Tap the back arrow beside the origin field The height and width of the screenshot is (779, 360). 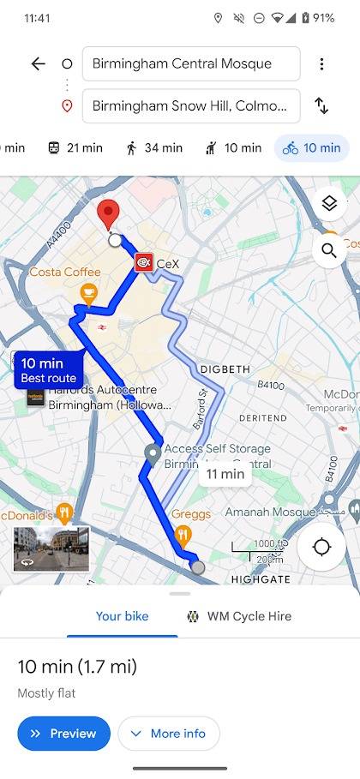[x=38, y=63]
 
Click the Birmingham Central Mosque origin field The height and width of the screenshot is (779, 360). [x=191, y=63]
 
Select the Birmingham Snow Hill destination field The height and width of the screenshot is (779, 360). [x=191, y=106]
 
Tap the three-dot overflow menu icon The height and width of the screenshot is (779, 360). [x=321, y=64]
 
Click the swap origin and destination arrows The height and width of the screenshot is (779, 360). [x=321, y=106]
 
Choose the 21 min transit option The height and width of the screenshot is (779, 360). [x=74, y=147]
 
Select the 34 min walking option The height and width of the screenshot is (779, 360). [x=154, y=147]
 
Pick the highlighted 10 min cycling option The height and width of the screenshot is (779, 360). [x=312, y=147]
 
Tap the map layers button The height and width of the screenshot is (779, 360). [x=329, y=203]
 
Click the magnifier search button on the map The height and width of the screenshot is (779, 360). [x=329, y=250]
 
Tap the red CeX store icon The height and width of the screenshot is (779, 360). [x=144, y=264]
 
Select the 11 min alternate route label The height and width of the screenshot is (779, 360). [x=225, y=473]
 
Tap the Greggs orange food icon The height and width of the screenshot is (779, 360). [x=183, y=536]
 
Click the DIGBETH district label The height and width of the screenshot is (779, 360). [x=225, y=369]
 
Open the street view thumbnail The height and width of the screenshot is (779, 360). [x=51, y=548]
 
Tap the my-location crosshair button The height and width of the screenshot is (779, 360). [x=321, y=547]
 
